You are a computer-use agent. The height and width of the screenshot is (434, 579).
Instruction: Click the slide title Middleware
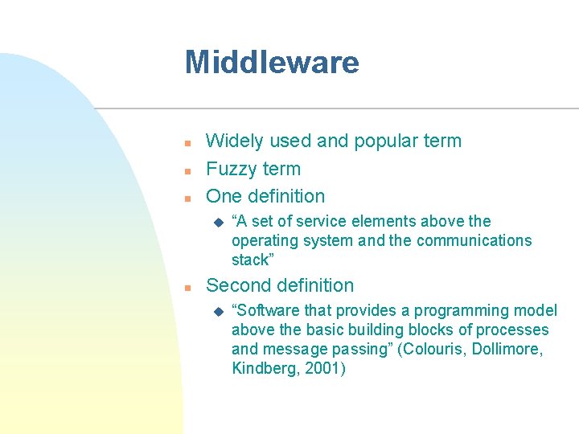[x=272, y=62]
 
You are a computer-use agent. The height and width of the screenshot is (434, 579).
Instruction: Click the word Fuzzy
[x=230, y=170]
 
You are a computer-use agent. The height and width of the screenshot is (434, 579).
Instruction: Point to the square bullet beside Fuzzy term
[x=187, y=170]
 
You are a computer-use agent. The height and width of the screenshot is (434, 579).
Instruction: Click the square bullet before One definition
[x=187, y=198]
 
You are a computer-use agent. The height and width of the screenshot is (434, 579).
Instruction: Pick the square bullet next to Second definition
[x=187, y=287]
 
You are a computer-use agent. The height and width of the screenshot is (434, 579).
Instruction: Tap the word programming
[x=470, y=311]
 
